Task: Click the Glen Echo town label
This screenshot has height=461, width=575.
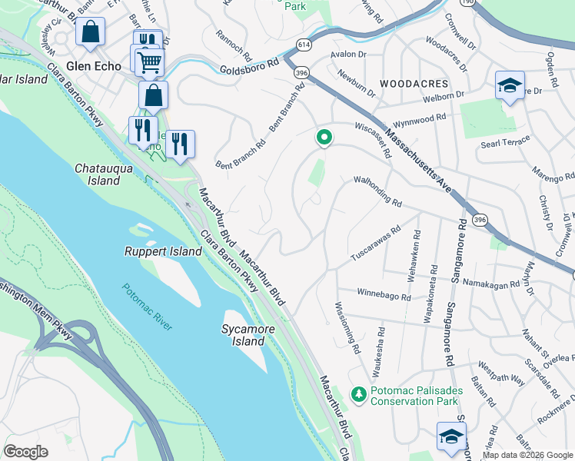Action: coord(93,66)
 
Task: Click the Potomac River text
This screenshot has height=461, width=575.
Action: coord(146,307)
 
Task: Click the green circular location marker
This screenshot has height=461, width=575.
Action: coord(324,138)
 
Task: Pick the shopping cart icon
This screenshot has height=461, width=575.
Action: coord(149,61)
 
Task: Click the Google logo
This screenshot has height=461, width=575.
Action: coord(25,452)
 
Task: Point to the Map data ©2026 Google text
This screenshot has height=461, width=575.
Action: coord(527,455)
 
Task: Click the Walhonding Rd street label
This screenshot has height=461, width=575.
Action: coord(377,191)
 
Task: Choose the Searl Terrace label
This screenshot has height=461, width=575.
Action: coord(505,142)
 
